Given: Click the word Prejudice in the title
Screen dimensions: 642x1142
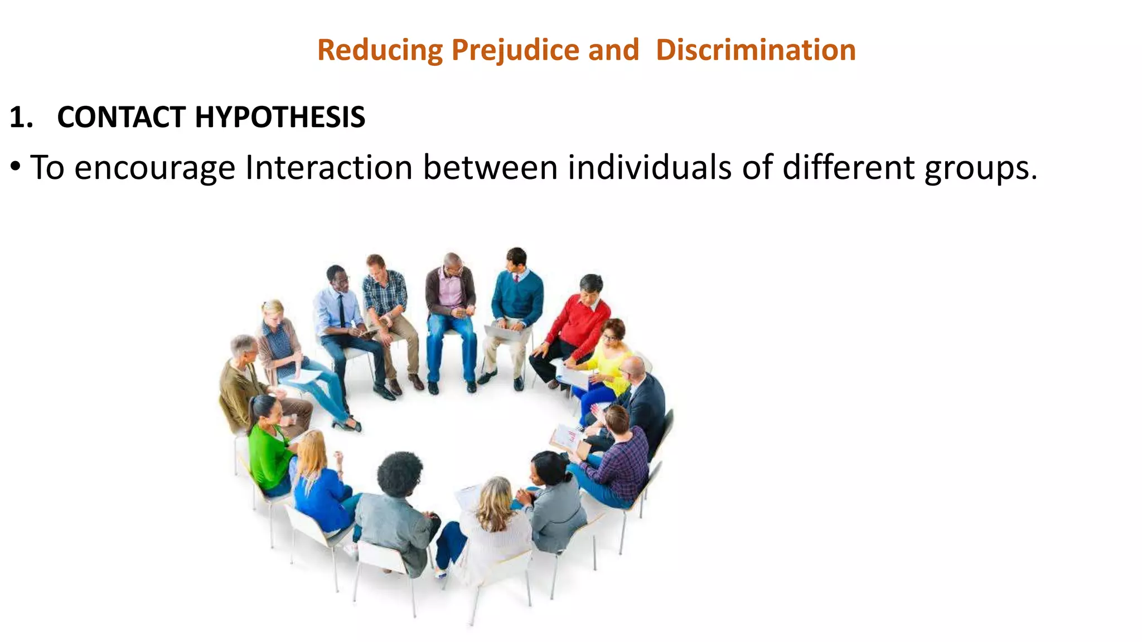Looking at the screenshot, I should [x=515, y=50].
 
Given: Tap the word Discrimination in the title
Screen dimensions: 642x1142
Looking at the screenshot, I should [x=756, y=50].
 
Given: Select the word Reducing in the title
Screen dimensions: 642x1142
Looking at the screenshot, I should [x=380, y=50].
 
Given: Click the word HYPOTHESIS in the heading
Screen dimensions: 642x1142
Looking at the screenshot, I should [x=279, y=118].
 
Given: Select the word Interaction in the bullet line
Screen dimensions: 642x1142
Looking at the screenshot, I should [x=328, y=167].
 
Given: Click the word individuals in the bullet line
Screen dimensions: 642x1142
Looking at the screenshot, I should [x=649, y=167].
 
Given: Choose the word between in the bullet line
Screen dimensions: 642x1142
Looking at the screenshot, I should [x=490, y=167].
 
